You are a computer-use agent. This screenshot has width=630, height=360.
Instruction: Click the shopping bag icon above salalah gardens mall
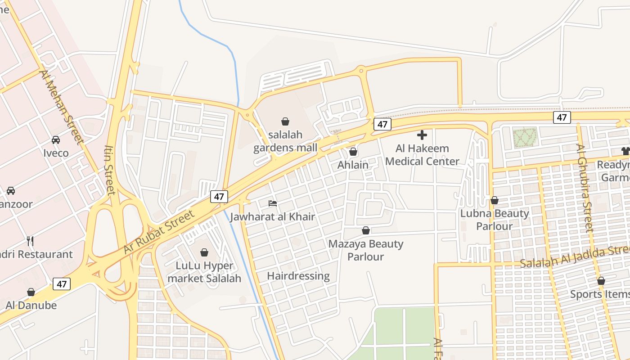[x=285, y=121]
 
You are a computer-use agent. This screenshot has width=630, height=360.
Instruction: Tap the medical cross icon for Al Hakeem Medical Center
[x=422, y=135]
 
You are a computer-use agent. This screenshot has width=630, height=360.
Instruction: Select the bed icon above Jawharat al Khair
[x=273, y=203]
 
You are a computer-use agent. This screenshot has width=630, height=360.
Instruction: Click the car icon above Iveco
[x=56, y=140]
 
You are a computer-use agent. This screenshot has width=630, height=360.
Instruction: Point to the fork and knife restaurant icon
[x=30, y=241]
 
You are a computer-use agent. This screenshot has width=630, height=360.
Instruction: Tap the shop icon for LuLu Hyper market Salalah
[x=204, y=252]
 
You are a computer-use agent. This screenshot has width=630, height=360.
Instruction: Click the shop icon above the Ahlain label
[x=353, y=152]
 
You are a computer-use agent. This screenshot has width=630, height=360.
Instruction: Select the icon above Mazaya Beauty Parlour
[x=366, y=231]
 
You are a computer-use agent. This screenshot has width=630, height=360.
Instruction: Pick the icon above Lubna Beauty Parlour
[x=495, y=200]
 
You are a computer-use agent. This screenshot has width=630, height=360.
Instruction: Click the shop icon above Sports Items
[x=601, y=281]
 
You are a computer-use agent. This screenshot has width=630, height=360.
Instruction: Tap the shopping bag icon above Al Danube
[x=31, y=292]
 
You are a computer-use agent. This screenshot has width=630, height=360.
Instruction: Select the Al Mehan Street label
[x=62, y=107]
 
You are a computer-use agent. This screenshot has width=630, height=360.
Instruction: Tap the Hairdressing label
[x=298, y=276]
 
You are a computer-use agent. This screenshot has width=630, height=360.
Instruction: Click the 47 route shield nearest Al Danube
[x=62, y=284]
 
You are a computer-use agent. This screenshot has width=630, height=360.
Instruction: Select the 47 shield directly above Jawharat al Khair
[x=219, y=197]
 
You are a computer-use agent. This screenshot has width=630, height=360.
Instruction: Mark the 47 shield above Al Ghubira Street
[x=562, y=117]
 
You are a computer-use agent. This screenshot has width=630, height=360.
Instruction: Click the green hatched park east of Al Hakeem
[x=525, y=138]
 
